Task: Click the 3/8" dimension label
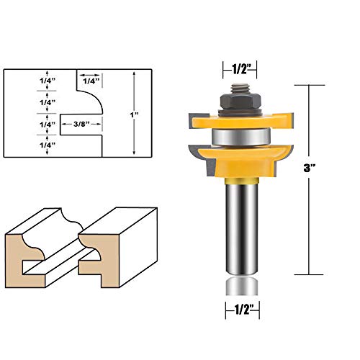point(81,124)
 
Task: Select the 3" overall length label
point(309,168)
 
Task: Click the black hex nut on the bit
point(240,102)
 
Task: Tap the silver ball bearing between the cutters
point(241,138)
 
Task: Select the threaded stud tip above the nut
point(240,89)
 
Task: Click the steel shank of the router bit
point(242,228)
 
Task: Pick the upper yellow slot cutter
point(241,121)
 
